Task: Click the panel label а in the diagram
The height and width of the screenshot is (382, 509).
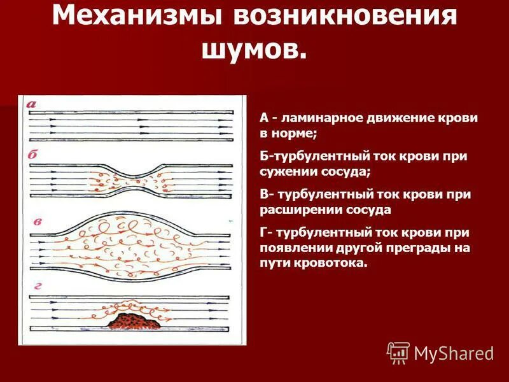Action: click(32, 104)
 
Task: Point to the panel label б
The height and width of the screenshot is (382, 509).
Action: click(32, 155)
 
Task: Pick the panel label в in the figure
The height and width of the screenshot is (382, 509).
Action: click(38, 222)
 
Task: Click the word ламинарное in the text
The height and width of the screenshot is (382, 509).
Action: click(311, 119)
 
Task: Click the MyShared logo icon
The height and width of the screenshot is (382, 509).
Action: click(398, 353)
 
